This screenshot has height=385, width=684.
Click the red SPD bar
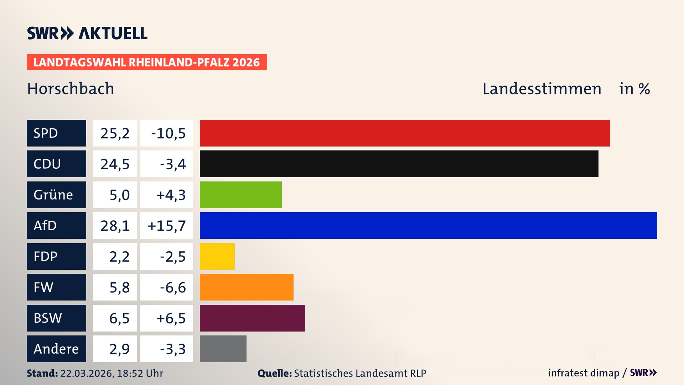pos(405,133)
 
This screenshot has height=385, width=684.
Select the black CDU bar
pos(399,164)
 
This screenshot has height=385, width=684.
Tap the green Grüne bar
pos(240,195)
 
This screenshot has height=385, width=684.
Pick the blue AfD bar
pos(428,225)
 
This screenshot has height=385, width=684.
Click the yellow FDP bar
pos(217,256)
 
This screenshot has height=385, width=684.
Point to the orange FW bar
pos(247,287)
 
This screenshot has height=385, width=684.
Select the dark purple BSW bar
pos(252,318)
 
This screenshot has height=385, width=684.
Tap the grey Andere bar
pos(223,349)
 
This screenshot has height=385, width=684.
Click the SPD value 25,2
pos(115,133)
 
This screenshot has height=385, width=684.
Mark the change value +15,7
pos(167,225)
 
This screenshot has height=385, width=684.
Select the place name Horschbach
pos(71,88)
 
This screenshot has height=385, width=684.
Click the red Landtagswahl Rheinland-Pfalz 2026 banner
pos(147,62)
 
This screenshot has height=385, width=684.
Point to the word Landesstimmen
pos(541,88)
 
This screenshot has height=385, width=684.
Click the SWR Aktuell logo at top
pos(87,33)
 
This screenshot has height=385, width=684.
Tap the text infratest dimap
pos(584,373)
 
